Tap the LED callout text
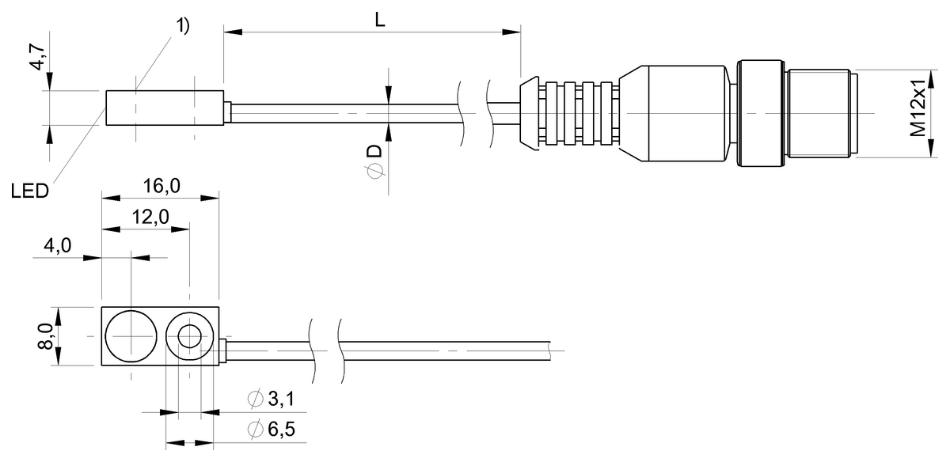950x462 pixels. click(x=30, y=191)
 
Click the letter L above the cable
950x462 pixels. click(x=380, y=21)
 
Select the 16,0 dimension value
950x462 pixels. click(x=161, y=187)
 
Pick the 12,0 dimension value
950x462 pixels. click(x=146, y=218)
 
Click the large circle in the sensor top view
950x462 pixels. click(x=128, y=337)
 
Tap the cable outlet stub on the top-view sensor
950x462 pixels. click(x=224, y=350)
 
